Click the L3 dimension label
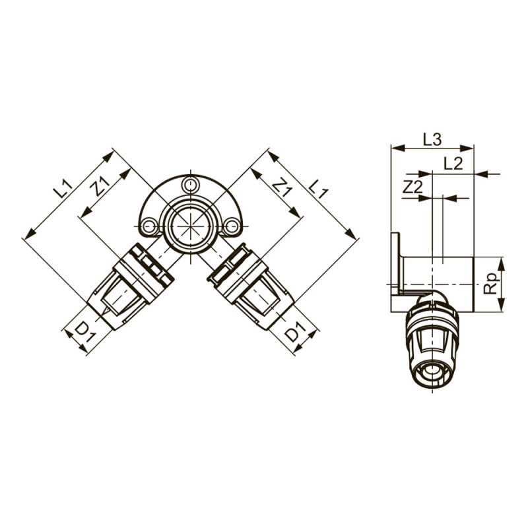click(x=432, y=139)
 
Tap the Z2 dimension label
click(x=412, y=187)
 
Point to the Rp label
click(x=490, y=284)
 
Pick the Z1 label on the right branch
click(x=282, y=187)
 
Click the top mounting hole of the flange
click(x=190, y=185)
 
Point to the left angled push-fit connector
click(x=129, y=286)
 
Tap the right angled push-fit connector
click(x=251, y=286)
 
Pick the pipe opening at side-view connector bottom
click(x=432, y=377)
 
